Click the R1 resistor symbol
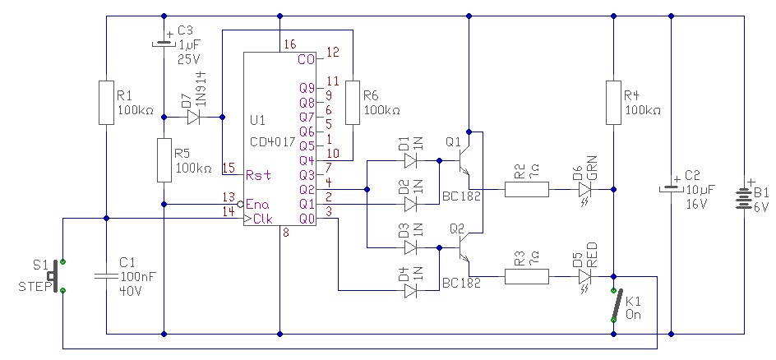(106, 103)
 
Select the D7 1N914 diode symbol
(193, 118)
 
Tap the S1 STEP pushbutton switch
(57, 276)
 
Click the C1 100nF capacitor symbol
(106, 275)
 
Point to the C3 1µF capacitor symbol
(164, 42)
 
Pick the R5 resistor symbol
(164, 160)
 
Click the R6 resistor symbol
(353, 103)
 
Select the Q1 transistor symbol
(464, 161)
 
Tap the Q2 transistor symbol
(464, 247)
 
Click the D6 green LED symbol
(585, 191)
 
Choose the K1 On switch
(614, 305)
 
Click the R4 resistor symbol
(614, 103)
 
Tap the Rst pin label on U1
(259, 175)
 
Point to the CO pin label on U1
(306, 59)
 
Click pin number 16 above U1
(290, 45)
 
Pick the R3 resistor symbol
(527, 277)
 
